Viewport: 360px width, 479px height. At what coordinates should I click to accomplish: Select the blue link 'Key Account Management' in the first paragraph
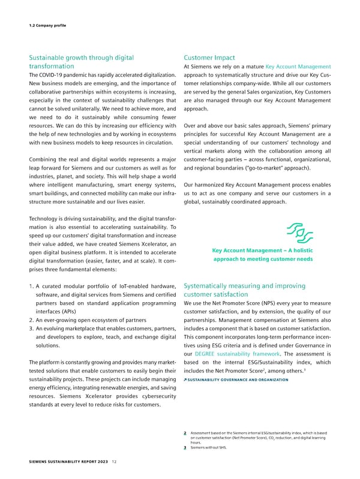point(298,67)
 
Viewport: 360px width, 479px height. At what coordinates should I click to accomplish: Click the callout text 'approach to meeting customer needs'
point(263,260)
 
